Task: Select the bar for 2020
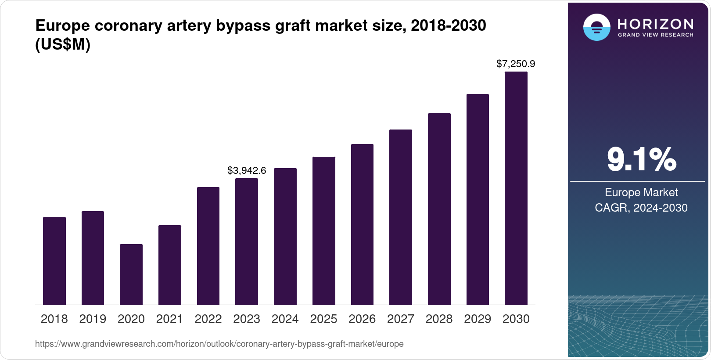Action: (131, 274)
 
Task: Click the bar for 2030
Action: (516, 188)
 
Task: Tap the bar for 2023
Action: (247, 241)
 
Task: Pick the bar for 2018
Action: (54, 261)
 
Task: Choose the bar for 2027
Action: (400, 217)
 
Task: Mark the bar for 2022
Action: (208, 246)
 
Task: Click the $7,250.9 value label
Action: (516, 64)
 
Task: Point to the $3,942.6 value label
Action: (247, 171)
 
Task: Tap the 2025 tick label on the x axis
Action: (323, 319)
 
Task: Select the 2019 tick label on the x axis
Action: (93, 319)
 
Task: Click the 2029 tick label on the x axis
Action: (478, 319)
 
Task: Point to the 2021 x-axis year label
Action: (169, 319)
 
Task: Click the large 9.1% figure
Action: (641, 159)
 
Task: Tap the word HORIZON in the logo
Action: (656, 24)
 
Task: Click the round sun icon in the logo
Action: (596, 27)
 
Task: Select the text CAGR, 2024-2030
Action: (641, 208)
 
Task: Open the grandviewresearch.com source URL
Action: (219, 344)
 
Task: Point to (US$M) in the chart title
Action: (63, 44)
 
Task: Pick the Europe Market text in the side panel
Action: (641, 192)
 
